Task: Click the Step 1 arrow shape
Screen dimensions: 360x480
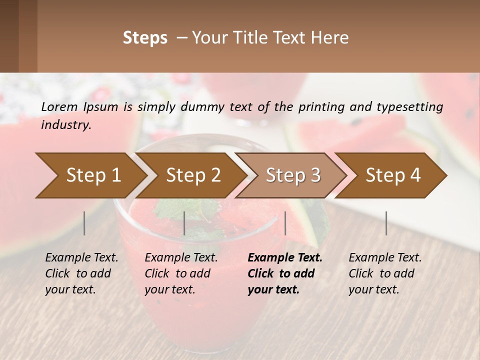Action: click(x=92, y=175)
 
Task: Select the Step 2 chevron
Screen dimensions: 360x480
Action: click(x=192, y=175)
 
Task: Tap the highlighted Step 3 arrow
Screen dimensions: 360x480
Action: click(x=292, y=175)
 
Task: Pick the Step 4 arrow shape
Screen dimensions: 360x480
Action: click(x=392, y=175)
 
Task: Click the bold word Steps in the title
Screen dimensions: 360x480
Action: click(x=145, y=38)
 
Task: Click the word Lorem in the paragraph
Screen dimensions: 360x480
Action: click(x=59, y=106)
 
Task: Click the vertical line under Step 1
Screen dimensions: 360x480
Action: click(x=84, y=223)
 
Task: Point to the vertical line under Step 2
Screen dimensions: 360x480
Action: click(x=184, y=223)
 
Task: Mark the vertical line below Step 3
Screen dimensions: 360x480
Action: click(x=285, y=223)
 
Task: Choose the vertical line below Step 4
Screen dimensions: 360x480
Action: click(x=386, y=223)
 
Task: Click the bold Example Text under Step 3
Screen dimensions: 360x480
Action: click(x=285, y=258)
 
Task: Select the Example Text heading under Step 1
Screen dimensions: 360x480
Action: click(x=81, y=258)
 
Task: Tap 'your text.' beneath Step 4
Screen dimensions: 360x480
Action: click(x=374, y=289)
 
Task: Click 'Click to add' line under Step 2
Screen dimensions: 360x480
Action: click(x=177, y=273)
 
